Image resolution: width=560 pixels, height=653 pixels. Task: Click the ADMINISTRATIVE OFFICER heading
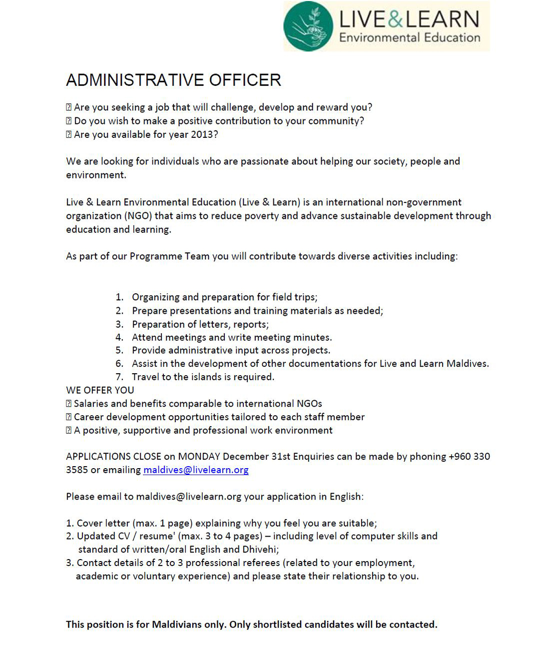173,80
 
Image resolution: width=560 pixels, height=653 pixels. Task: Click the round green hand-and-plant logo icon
308,26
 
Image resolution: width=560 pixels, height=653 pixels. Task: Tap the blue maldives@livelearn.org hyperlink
196,470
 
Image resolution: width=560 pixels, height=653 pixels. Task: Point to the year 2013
204,134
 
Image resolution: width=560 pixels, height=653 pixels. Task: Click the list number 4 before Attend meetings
119,337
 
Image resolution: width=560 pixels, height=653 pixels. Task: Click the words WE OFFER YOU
100,390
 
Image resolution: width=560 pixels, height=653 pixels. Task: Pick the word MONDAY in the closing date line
199,456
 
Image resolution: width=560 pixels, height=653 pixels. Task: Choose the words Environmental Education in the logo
409,37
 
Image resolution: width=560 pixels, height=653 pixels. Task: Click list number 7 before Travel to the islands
119,377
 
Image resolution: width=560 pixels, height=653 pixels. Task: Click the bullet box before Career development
69,417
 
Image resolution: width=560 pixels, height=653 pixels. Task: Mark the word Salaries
93,404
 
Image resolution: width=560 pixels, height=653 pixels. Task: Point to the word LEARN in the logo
442,19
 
